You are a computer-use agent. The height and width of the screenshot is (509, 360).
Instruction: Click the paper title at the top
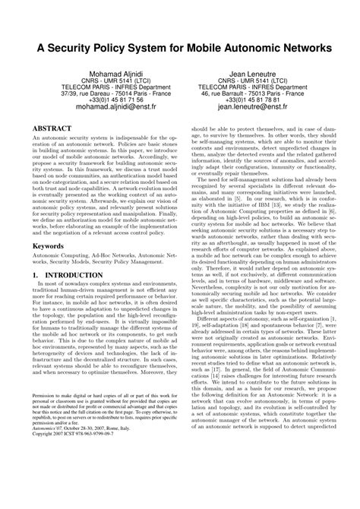180,47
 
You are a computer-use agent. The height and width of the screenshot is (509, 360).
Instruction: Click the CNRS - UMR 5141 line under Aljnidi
105,79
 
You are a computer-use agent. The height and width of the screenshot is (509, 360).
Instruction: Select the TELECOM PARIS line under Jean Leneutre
255,86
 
